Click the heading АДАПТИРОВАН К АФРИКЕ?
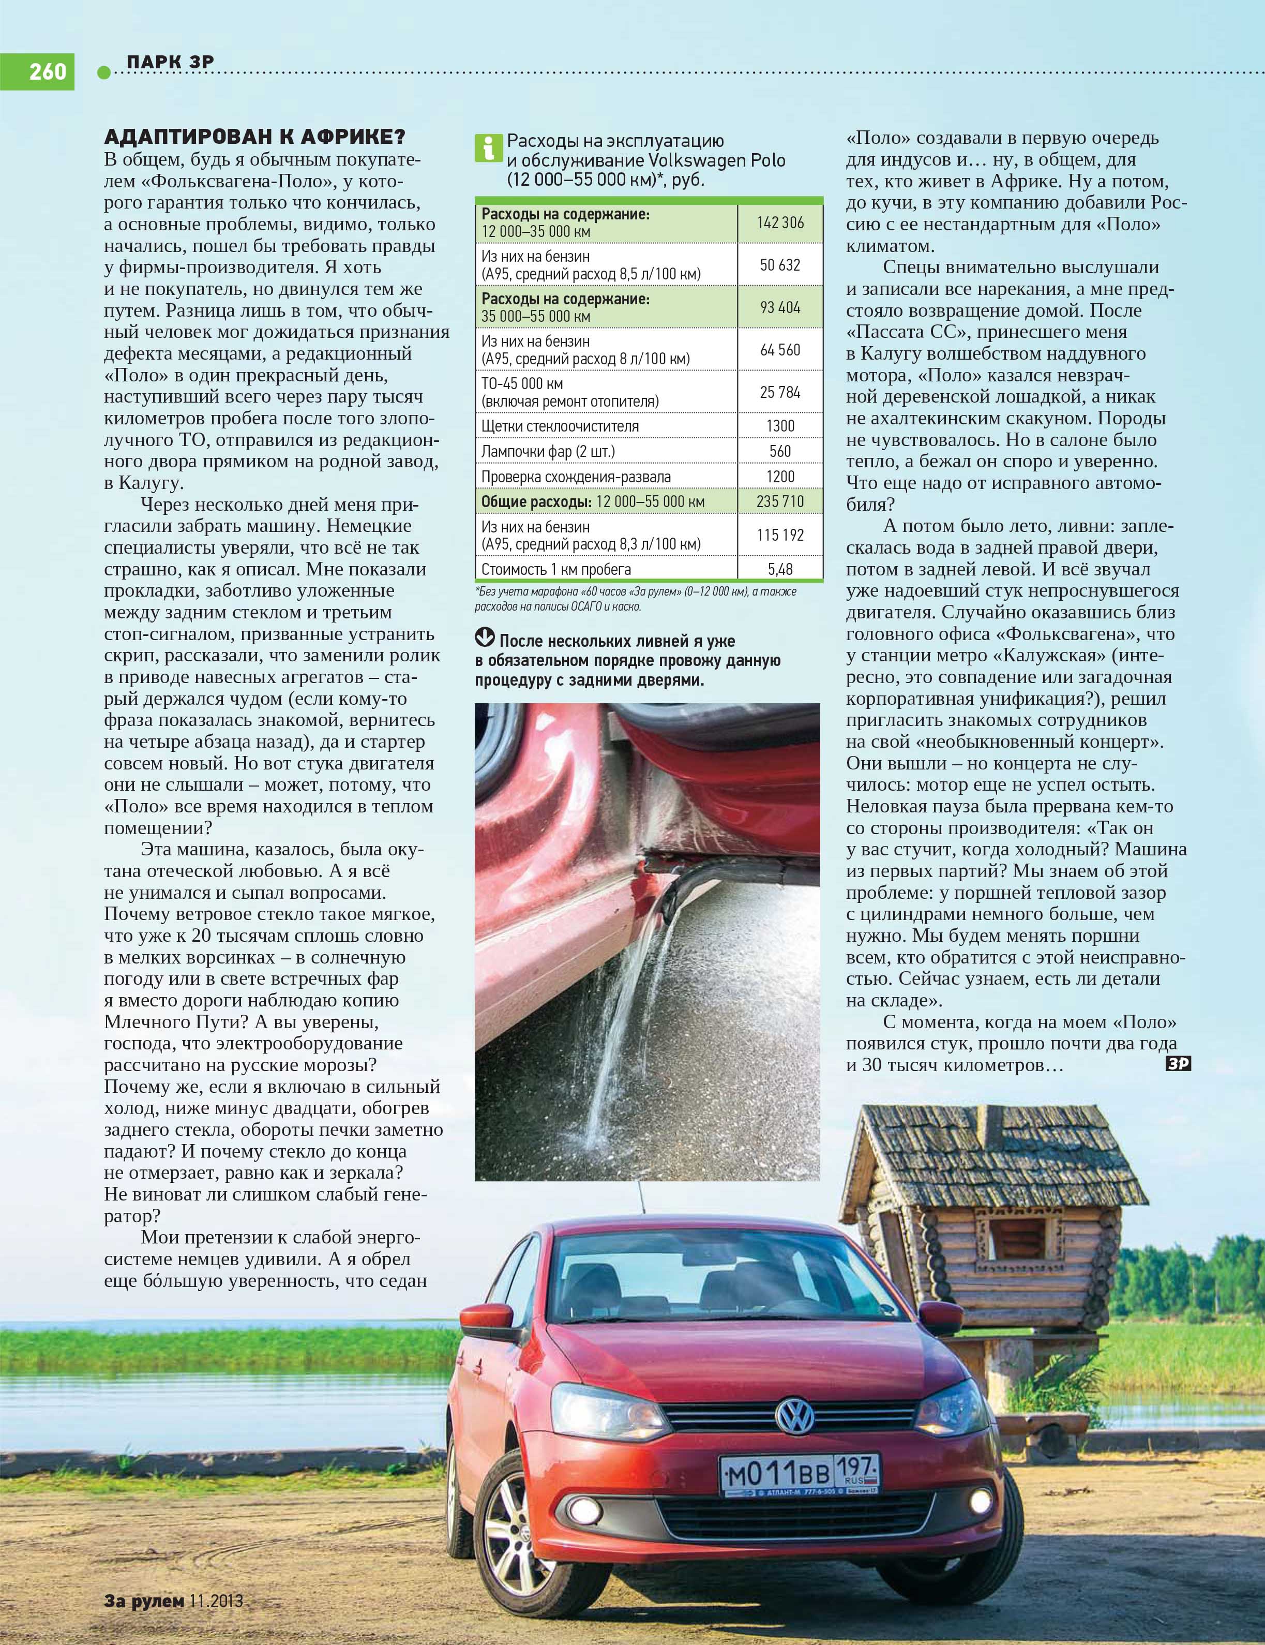coord(254,137)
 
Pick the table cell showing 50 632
coord(780,265)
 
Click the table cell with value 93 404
coord(780,307)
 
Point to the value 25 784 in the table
coord(780,392)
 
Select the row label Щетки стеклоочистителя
coord(560,426)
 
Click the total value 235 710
coord(780,501)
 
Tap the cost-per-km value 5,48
coord(780,569)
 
